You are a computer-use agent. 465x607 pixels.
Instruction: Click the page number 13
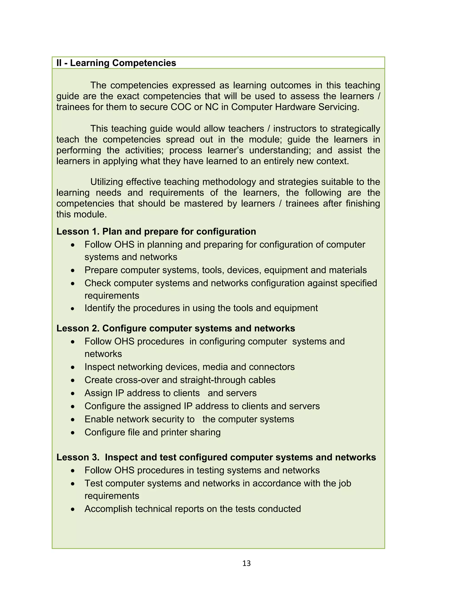pos(246,563)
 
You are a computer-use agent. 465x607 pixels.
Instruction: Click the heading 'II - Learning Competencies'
pos(116,63)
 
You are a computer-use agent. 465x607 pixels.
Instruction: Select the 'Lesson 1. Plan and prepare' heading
pos(156,232)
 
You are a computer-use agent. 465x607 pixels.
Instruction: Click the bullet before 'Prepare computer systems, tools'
pos(72,270)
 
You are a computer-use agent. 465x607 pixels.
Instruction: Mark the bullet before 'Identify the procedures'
pos(72,308)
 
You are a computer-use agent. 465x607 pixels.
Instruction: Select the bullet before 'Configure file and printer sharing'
pos(72,433)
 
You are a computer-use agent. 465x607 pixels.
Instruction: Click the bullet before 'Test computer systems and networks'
pos(72,484)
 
